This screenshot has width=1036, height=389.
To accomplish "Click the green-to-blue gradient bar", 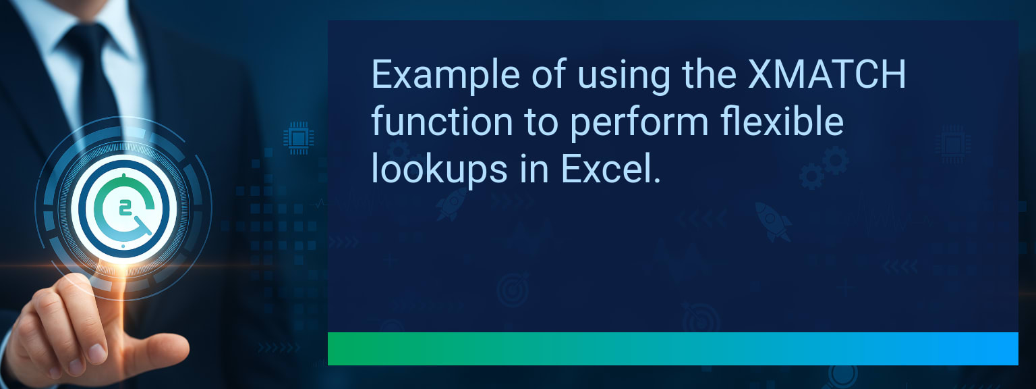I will coord(672,348).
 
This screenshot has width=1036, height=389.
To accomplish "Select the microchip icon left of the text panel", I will coord(295,138).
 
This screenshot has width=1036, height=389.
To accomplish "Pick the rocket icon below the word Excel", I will coord(450,203).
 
